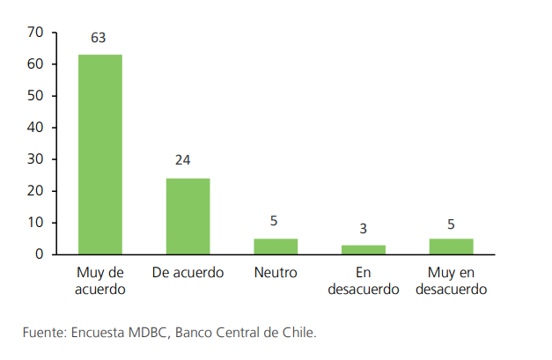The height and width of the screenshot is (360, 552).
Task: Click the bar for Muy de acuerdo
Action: point(99,154)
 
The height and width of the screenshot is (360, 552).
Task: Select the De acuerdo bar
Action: point(188,217)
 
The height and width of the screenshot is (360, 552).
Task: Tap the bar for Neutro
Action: point(276,246)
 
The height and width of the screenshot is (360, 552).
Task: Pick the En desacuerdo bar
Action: point(364,250)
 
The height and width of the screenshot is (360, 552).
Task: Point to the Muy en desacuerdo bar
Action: point(452,246)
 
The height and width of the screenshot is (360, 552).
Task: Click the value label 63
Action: point(99,39)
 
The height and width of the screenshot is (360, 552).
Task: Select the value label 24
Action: point(183,160)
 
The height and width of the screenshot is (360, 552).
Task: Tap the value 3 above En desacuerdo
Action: point(364,229)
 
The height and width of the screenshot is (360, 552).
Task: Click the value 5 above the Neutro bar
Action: point(275,221)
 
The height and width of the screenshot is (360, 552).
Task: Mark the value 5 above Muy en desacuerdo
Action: point(452,224)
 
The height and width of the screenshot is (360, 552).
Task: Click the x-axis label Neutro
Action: point(276,272)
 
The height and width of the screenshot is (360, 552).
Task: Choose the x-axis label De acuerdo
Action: point(188,272)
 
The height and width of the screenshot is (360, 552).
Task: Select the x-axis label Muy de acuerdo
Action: point(99,280)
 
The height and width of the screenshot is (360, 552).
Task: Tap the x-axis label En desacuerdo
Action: point(364,280)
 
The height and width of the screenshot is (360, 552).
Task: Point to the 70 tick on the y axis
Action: point(36,33)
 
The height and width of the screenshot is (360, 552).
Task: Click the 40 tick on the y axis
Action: point(36,128)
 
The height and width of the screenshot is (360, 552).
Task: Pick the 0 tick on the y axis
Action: point(40,254)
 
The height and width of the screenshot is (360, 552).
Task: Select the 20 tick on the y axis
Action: point(36,191)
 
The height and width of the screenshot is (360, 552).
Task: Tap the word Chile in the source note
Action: point(296,333)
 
